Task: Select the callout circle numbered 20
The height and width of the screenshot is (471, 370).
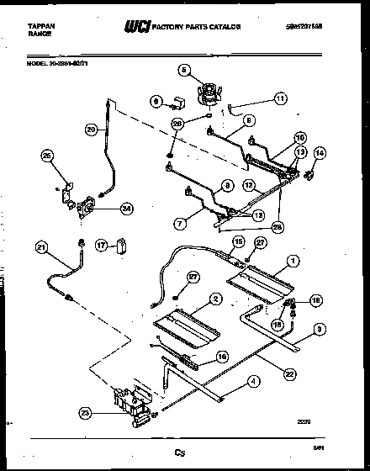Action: click(92, 130)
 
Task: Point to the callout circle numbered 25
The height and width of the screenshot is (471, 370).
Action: click(47, 156)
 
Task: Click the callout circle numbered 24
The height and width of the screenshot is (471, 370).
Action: click(127, 209)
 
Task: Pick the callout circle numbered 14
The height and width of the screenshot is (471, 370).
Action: click(319, 152)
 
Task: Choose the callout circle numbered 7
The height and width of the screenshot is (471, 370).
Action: click(179, 223)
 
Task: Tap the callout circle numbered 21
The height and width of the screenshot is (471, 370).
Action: click(41, 247)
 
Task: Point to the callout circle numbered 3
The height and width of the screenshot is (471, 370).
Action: click(318, 329)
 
